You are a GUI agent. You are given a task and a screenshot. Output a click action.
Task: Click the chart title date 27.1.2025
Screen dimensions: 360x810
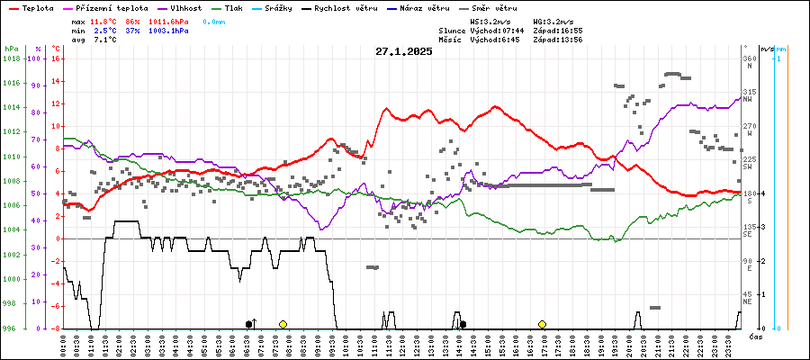coord(404,51)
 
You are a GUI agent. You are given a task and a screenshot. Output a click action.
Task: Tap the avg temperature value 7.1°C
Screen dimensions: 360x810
coord(105,40)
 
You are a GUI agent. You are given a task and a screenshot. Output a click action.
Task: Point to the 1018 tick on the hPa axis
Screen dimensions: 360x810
coord(12,58)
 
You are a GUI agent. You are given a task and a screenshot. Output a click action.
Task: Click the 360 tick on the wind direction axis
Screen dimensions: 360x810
coord(748,58)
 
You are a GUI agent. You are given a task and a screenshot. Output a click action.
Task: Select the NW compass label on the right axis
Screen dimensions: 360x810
coord(748,100)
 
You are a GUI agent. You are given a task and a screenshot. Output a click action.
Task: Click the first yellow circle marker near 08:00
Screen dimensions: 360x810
coord(283,324)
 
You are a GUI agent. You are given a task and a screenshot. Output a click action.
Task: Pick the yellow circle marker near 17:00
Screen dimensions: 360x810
coord(542,324)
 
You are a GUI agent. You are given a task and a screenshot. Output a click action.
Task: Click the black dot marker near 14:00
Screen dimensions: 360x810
coord(463,324)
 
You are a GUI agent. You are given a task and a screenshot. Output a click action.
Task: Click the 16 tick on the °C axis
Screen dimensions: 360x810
coord(56,58)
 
